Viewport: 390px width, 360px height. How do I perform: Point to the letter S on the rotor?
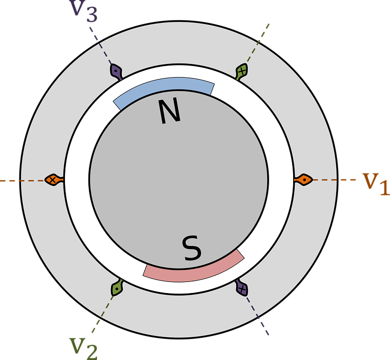192,248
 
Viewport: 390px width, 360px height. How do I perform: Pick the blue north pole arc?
164,90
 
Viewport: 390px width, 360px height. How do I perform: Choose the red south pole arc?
195,268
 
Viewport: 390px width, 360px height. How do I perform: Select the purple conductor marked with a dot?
116,71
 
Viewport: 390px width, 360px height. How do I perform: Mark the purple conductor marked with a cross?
242,288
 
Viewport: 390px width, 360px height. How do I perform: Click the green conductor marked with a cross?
242,71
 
